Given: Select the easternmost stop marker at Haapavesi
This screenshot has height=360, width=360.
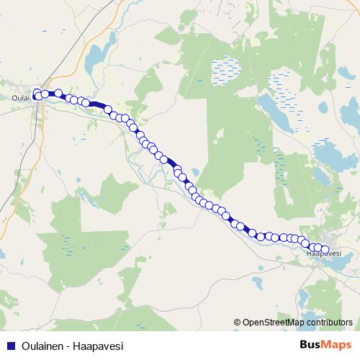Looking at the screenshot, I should pyautogui.click(x=325, y=250).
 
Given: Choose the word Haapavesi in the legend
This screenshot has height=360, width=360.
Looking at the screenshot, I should pyautogui.click(x=99, y=346).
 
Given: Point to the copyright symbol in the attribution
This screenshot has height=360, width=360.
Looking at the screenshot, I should pyautogui.click(x=237, y=323).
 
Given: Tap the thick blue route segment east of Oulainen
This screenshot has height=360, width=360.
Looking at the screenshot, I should pyautogui.click(x=96, y=106).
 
